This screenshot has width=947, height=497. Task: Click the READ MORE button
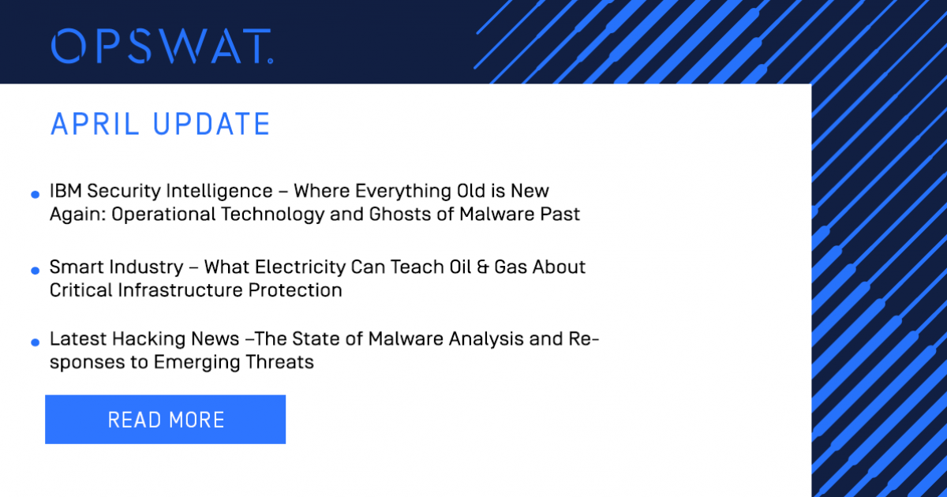166,420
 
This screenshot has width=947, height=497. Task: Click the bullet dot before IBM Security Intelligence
35,194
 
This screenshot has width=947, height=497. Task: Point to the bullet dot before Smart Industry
35,271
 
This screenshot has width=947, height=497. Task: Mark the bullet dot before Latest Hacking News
35,342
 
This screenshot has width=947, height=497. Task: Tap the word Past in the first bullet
562,215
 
